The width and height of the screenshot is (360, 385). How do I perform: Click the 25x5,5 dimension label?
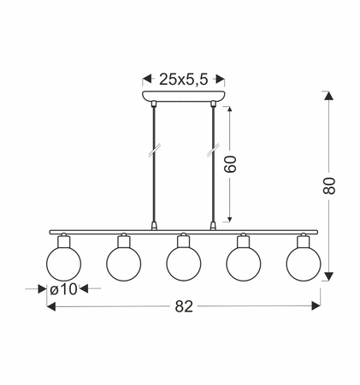[184, 80]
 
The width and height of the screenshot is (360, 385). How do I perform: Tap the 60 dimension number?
[230, 164]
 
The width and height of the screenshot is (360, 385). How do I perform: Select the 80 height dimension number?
[329, 186]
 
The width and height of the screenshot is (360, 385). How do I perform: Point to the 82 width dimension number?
[184, 306]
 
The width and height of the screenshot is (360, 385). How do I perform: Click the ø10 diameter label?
[63, 289]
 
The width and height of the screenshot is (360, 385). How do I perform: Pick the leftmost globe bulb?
[63, 264]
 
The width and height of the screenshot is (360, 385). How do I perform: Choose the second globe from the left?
[124, 264]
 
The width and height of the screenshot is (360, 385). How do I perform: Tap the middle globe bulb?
[184, 264]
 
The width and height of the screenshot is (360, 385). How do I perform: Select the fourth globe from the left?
[244, 264]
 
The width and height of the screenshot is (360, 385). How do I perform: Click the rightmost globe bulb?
[304, 264]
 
